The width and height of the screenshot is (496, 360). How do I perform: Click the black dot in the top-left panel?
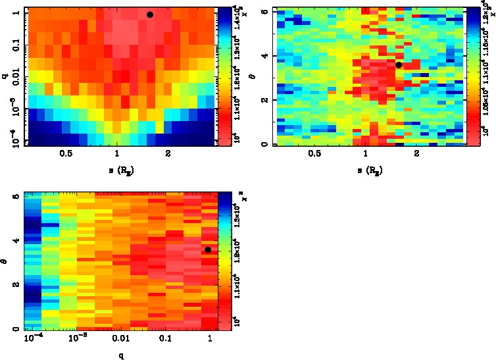coord(150,14)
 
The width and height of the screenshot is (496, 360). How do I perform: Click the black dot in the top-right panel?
coord(399,64)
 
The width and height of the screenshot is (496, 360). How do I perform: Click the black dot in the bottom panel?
coord(208,249)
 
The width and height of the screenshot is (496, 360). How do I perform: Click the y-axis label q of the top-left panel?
coord(5,76)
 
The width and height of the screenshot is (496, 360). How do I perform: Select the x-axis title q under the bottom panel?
coord(122,355)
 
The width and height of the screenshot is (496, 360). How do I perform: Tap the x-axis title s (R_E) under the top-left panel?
coord(117,170)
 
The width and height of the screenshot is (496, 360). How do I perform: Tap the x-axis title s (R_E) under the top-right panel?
coord(366,170)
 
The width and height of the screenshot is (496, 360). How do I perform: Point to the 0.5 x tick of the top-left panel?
coord(66,155)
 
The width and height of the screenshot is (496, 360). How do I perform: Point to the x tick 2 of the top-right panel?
coord(417,155)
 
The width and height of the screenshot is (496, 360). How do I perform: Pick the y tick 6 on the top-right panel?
coord(263,12)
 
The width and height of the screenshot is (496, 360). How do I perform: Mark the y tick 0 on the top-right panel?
coord(263,144)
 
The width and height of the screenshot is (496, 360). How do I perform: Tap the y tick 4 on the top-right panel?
coord(263,56)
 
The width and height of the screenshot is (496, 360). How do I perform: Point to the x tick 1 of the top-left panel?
coord(117,155)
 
